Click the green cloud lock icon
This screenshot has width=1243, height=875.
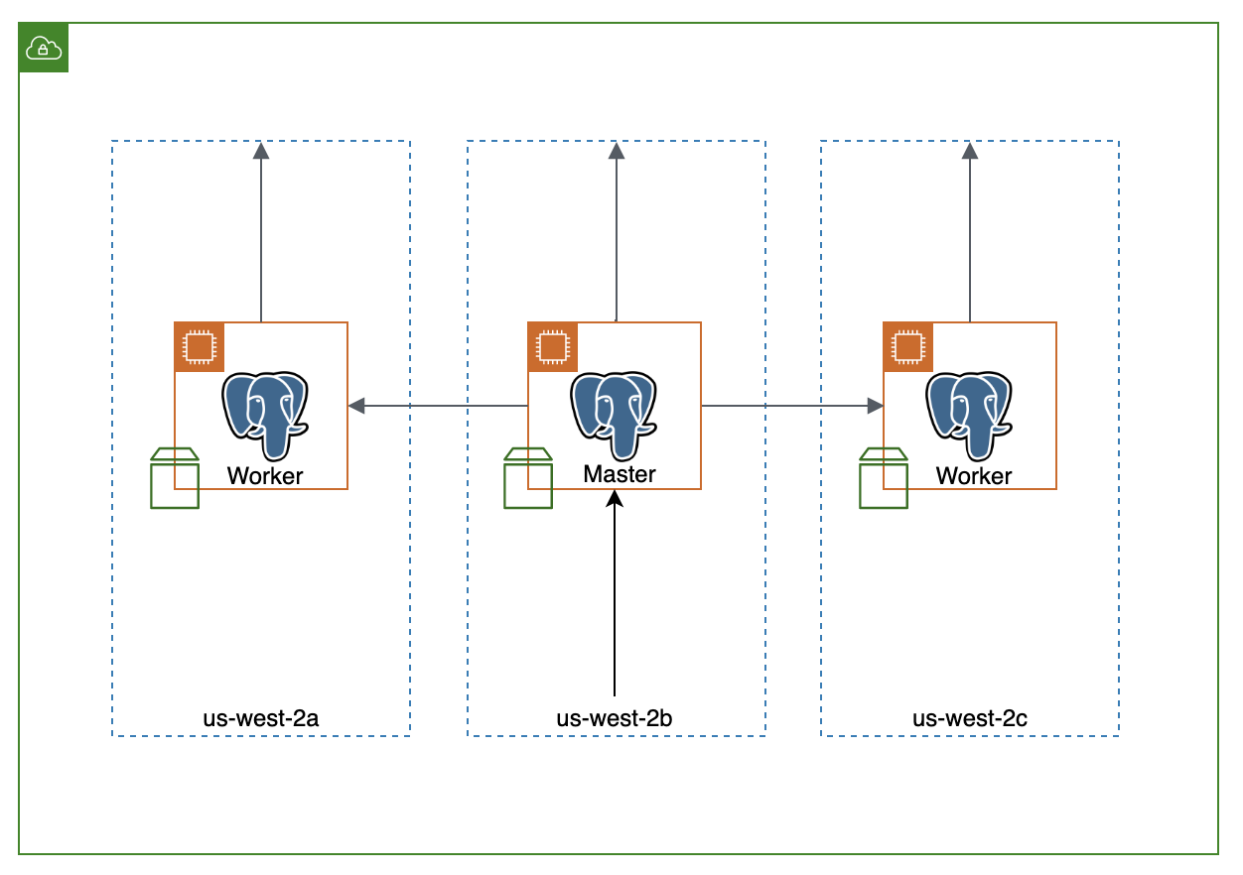point(44,48)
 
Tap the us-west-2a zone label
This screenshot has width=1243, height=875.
point(261,718)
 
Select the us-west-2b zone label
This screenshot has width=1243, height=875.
point(616,718)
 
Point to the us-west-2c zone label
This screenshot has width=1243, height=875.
point(970,718)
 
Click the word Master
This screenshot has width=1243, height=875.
point(620,474)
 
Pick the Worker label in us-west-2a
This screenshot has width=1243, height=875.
point(265,476)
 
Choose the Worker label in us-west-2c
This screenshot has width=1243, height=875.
point(974,476)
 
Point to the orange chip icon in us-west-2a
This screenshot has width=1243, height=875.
point(200,346)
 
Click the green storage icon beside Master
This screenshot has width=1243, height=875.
point(528,478)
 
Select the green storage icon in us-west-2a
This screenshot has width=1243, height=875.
point(175,478)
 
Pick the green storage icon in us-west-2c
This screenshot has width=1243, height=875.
point(884,478)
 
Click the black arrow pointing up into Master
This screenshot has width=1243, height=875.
point(615,595)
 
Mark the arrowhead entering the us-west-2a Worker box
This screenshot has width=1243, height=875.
point(356,406)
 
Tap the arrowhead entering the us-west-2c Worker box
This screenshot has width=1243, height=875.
point(875,406)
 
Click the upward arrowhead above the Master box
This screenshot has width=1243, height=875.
point(617,151)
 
